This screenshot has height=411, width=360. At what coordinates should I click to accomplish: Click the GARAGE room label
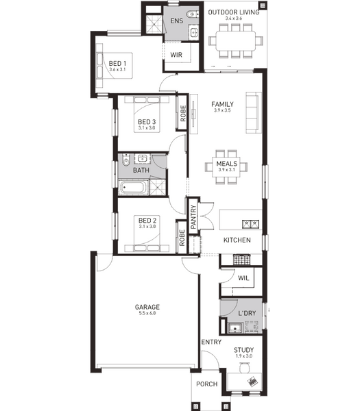point(147,307)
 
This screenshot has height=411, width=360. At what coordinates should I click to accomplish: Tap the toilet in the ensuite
point(193,14)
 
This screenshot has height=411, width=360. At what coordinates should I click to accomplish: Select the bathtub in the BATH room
point(132,188)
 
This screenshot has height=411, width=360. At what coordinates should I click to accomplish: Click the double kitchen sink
point(250,224)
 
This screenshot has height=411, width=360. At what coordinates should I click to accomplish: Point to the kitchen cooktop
point(241,259)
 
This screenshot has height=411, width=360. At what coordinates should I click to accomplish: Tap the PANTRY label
point(193,217)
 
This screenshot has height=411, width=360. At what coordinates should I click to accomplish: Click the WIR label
point(176,55)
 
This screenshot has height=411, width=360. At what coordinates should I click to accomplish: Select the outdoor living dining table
point(236,41)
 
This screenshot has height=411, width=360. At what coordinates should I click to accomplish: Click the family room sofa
point(254,112)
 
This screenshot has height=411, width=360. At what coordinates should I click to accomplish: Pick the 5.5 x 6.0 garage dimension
point(147,313)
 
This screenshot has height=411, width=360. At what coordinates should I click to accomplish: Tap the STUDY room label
point(243,350)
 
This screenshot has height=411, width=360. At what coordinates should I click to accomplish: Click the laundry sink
point(235,327)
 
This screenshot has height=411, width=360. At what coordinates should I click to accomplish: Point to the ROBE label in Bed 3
point(183,114)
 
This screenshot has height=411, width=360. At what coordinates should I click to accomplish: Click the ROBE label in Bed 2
point(182,238)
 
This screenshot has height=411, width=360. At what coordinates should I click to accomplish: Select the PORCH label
point(207,384)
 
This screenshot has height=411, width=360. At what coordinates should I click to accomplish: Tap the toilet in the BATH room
point(126,160)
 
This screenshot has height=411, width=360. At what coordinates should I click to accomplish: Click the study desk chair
point(245,367)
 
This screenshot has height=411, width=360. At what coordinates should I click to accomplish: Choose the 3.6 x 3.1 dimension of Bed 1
point(117,69)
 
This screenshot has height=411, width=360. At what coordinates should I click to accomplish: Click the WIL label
point(243,278)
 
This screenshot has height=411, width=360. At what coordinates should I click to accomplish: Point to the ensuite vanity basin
point(194,32)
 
